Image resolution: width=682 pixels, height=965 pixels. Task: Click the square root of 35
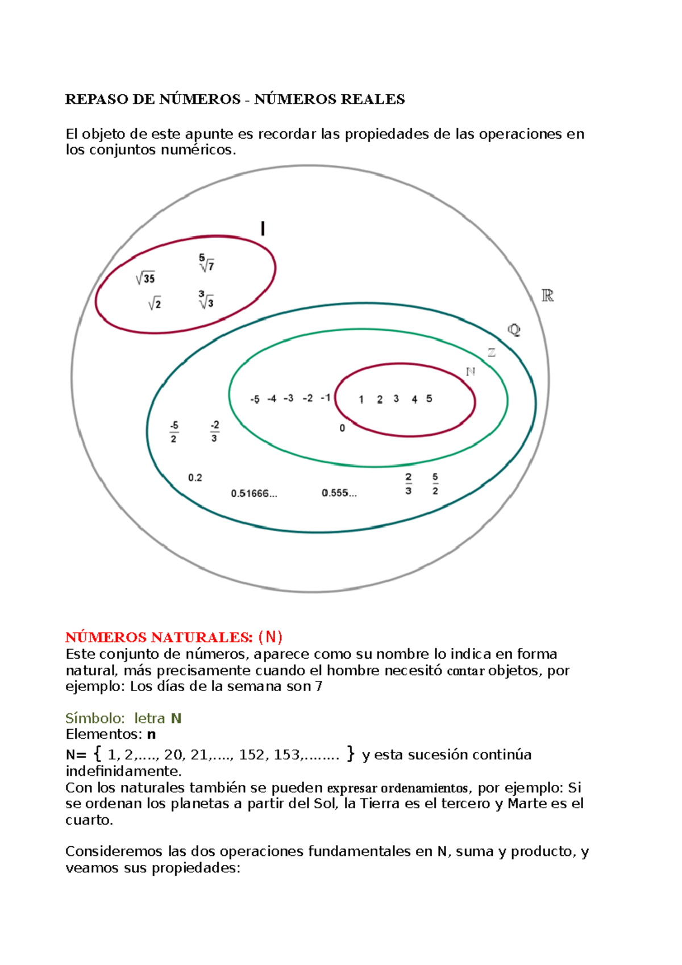click(145, 278)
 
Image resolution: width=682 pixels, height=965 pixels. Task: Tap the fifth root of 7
click(206, 263)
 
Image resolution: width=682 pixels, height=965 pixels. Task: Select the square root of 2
click(155, 304)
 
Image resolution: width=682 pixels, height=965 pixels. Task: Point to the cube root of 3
click(206, 301)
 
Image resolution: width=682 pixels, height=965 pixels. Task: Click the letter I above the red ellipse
click(263, 229)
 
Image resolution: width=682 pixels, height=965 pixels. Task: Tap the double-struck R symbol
click(547, 296)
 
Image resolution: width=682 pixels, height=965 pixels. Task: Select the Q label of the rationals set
click(514, 330)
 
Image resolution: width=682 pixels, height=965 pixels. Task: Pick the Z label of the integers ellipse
click(492, 353)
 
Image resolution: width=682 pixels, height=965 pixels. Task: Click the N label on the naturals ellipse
click(470, 372)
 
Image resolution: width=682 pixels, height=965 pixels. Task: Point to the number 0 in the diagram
click(342, 428)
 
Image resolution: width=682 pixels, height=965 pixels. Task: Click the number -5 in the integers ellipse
click(255, 399)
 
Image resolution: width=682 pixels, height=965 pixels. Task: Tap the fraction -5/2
click(174, 432)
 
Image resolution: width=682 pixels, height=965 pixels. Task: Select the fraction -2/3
click(214, 431)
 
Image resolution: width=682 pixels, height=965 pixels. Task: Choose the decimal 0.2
click(195, 477)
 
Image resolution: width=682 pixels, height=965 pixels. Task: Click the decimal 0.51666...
click(253, 493)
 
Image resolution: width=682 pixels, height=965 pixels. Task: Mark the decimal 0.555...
click(339, 493)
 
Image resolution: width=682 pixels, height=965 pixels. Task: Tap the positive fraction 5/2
click(435, 484)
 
